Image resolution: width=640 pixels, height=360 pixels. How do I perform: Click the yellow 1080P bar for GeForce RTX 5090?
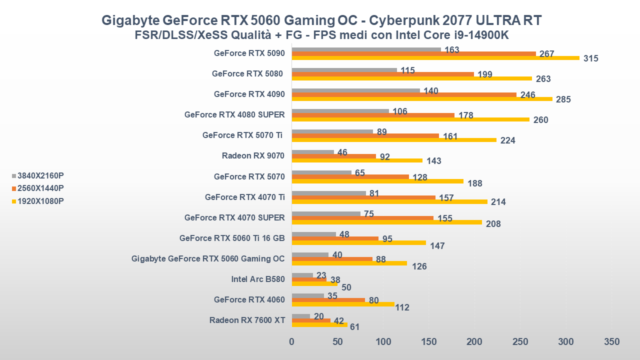(435, 58)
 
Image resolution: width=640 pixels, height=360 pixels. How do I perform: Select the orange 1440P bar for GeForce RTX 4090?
(404, 94)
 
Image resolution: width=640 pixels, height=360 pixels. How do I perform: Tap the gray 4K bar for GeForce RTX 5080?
(344, 70)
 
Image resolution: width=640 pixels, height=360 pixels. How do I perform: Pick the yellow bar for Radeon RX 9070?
(357, 160)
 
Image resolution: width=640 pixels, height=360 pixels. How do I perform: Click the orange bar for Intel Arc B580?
(309, 279)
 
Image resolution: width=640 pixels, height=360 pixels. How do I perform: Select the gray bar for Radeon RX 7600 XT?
(300, 316)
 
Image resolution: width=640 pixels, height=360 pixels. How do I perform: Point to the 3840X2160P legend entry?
(40, 175)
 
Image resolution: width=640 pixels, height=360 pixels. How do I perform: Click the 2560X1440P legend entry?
(40, 188)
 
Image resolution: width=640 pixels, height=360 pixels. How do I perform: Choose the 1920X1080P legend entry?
(40, 201)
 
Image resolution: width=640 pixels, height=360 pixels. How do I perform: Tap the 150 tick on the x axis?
(429, 342)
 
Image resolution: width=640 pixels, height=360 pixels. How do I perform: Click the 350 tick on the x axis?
(611, 342)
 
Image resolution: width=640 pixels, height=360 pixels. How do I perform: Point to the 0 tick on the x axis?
(292, 342)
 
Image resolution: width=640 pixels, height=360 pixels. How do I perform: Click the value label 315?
(590, 58)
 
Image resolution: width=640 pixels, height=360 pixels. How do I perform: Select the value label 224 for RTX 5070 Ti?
(507, 140)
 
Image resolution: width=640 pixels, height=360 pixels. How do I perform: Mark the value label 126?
(419, 266)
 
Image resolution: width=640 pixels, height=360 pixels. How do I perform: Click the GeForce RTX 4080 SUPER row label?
(234, 114)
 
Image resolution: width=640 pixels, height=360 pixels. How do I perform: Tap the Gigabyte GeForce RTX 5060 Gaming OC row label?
(208, 258)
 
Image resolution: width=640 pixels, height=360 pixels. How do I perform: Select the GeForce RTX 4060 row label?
(249, 299)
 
